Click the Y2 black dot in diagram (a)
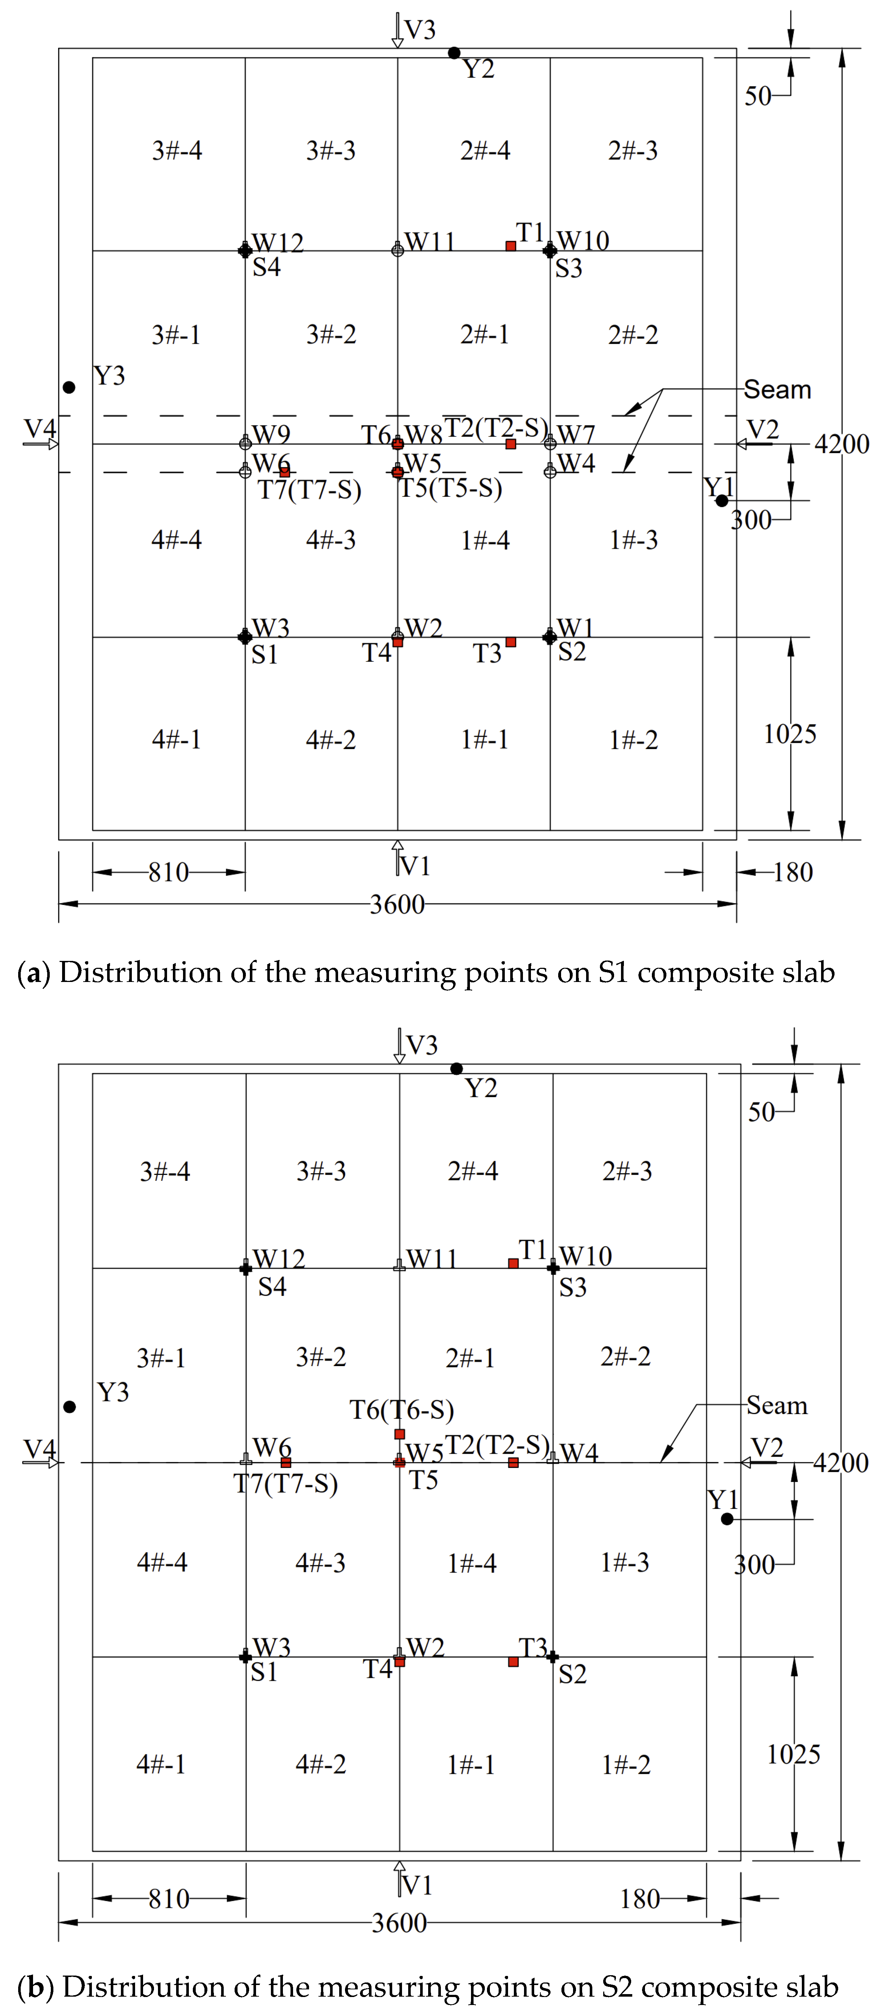tap(454, 53)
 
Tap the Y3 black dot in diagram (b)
tap(69, 1406)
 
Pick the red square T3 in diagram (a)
tap(511, 642)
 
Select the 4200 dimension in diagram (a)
tap(841, 444)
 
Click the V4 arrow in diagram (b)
tap(41, 1461)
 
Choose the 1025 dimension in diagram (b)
tap(794, 1754)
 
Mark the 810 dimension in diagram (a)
tap(169, 872)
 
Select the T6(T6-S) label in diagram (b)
tap(402, 1410)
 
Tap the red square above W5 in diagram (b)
tap(399, 1434)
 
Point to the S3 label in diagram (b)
tap(573, 1287)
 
